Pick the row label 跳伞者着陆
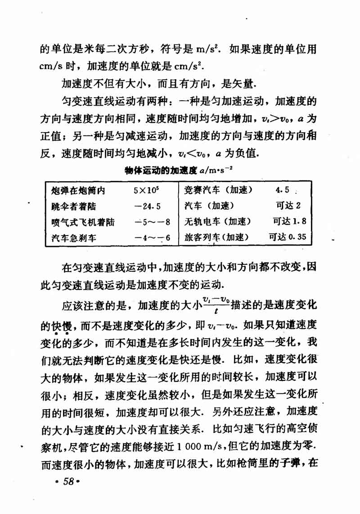pos(74,206)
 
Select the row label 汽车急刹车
pos(74,237)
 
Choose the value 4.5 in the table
pos(283,190)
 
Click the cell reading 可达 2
pos(288,206)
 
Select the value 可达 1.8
pos(289,221)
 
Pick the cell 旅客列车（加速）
pos(216,237)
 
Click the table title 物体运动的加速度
pos(160,170)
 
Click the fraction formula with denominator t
pos(216,305)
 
